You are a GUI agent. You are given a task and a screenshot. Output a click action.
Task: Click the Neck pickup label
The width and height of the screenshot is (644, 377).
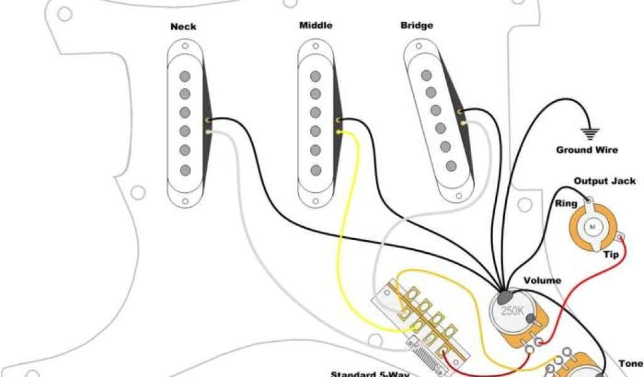pos(183,27)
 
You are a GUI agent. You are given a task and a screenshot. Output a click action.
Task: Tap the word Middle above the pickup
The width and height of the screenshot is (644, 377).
pos(315,26)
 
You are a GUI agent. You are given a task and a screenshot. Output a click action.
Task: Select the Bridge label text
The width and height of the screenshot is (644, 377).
pos(416,26)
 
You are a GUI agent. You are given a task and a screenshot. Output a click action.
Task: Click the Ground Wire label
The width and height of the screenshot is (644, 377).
pos(586,150)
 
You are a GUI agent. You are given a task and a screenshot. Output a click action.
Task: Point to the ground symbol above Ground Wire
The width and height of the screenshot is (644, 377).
pos(589,133)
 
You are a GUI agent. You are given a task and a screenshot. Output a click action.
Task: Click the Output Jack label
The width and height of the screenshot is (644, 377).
pos(604,181)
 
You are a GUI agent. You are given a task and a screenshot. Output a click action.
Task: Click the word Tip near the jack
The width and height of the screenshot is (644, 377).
pos(611,254)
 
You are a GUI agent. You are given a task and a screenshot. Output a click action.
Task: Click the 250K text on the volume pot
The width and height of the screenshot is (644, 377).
pos(511,311)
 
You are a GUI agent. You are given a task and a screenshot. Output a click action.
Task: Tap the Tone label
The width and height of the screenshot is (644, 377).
pos(630,363)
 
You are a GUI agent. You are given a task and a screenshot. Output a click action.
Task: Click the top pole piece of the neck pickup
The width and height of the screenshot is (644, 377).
pos(184,76)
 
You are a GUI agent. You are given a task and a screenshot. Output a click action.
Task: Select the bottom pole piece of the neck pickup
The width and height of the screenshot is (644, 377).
pos(184,170)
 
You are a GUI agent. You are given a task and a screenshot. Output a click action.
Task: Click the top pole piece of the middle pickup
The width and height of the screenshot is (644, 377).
pos(315,75)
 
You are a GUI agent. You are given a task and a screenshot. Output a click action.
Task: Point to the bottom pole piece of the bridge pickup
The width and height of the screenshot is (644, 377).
pos(451,166)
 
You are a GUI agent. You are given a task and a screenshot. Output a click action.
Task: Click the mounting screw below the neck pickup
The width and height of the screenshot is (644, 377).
pos(185,201)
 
